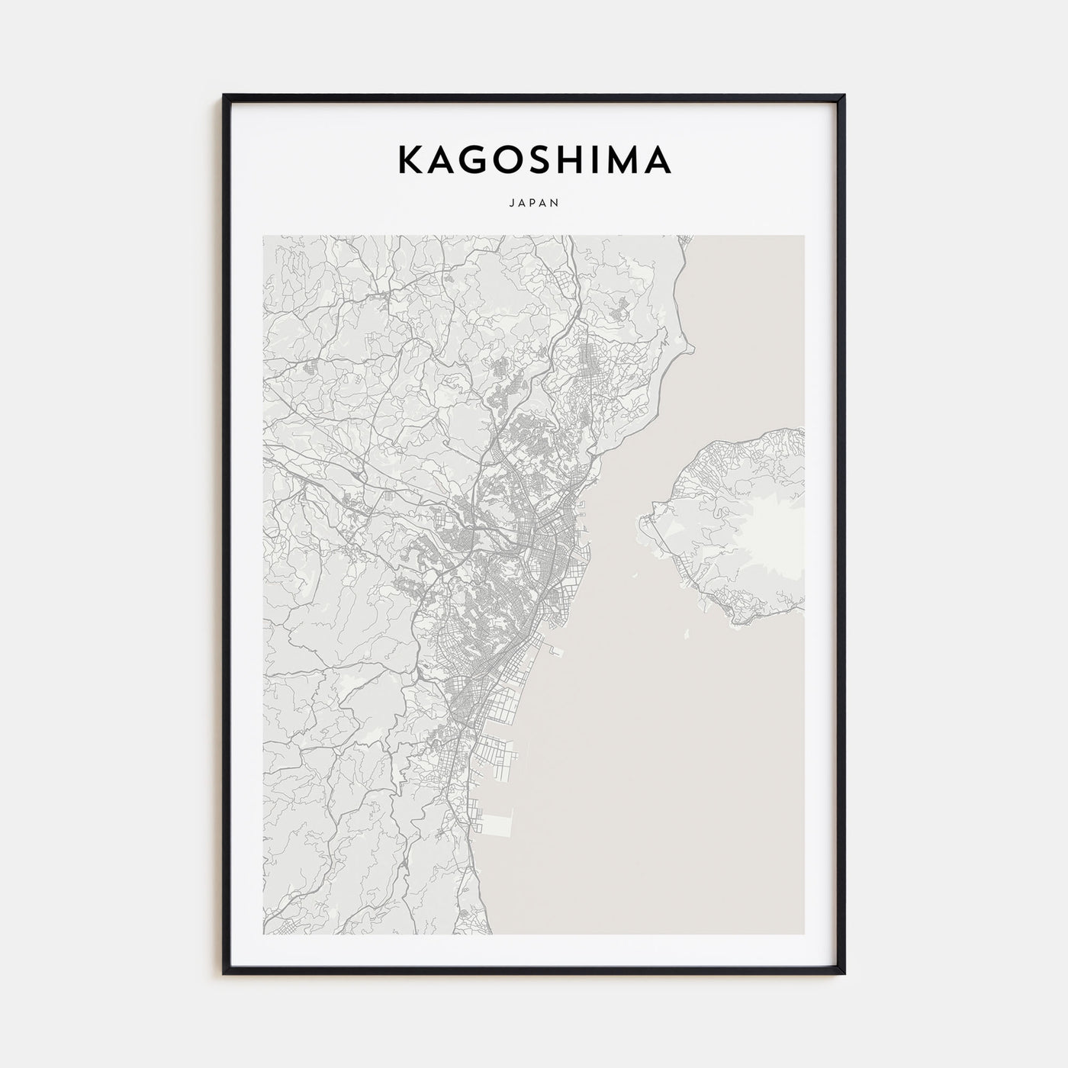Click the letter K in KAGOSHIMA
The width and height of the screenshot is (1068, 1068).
[413, 159]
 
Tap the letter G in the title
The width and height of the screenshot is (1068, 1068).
[484, 159]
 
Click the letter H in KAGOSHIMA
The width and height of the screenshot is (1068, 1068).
[585, 159]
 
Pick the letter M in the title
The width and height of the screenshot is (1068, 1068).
[629, 159]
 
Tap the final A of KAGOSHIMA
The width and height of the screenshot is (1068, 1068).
[658, 159]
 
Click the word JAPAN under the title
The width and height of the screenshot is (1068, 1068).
[534, 203]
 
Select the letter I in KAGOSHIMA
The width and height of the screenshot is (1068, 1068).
[606, 159]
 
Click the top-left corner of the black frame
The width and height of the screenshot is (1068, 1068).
[224, 96]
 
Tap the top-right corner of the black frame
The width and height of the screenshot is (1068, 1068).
[844, 96]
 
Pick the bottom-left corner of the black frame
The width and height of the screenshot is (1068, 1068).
[224, 973]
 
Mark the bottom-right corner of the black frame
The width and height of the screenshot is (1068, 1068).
[844, 973]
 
